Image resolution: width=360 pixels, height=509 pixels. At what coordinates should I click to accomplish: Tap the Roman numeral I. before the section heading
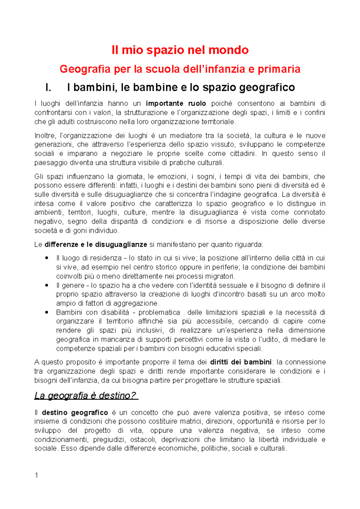tap(48, 88)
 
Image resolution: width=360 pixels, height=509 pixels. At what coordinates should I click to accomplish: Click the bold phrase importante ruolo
tap(176, 104)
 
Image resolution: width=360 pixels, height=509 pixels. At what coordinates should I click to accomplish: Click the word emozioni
tap(170, 177)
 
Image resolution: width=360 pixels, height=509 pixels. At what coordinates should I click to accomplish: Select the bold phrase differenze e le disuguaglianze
tap(96, 245)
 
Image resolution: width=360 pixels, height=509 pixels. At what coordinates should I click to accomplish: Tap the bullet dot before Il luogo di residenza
tap(46, 258)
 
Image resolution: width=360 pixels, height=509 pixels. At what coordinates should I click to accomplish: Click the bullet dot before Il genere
tap(46, 285)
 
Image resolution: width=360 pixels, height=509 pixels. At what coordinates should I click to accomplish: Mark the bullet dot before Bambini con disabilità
tap(46, 312)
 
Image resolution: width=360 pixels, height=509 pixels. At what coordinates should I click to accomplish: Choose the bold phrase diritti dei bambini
tap(241, 362)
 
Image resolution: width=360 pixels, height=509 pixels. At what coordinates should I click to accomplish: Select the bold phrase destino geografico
tap(75, 413)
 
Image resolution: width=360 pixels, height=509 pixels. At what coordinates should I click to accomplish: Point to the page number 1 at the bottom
tap(36, 475)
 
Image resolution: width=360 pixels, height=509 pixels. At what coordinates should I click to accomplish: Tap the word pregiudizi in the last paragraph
tap(111, 440)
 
